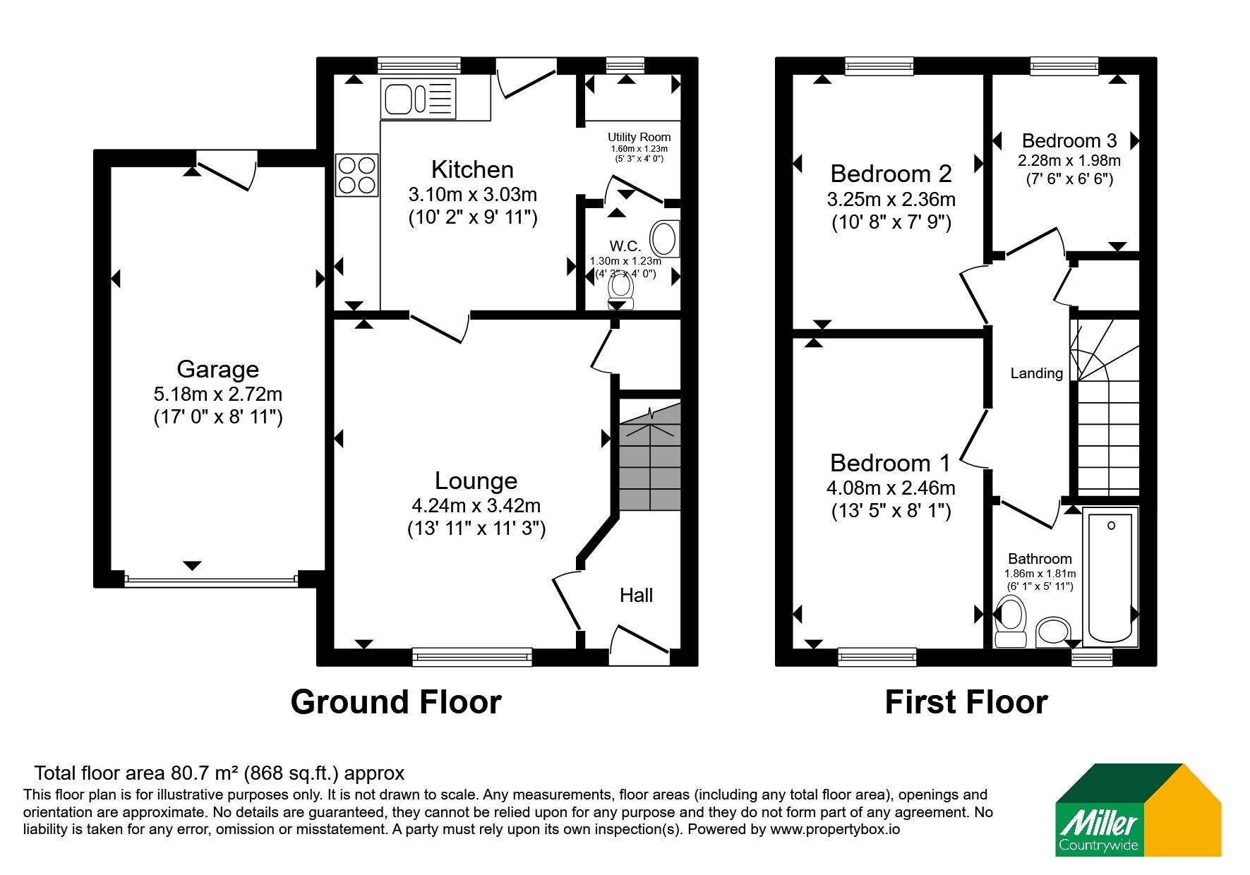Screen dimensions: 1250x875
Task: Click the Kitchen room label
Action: coord(472,169)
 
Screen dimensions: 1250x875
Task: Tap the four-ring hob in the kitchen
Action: coord(357,175)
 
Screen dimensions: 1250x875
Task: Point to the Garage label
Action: coord(217,369)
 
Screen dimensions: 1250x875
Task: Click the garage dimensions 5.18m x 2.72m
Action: coord(217,394)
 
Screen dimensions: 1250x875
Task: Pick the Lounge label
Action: coord(476,481)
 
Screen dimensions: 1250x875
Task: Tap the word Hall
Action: coord(636,596)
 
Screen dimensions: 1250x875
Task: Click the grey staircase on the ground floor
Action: coord(650,456)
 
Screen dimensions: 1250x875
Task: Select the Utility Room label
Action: coord(639,137)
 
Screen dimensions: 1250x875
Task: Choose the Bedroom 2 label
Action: coord(891,174)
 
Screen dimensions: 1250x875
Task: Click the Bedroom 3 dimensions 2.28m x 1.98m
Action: coord(1069,160)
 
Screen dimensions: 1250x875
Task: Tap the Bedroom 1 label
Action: coord(890,463)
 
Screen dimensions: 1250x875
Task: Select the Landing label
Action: coord(1036,373)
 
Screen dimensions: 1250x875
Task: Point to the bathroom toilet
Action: coord(1010,622)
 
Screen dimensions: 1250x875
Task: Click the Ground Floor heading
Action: coord(396,702)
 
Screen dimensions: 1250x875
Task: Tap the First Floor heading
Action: coord(966,702)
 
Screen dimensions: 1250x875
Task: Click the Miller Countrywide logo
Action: coord(1138,810)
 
